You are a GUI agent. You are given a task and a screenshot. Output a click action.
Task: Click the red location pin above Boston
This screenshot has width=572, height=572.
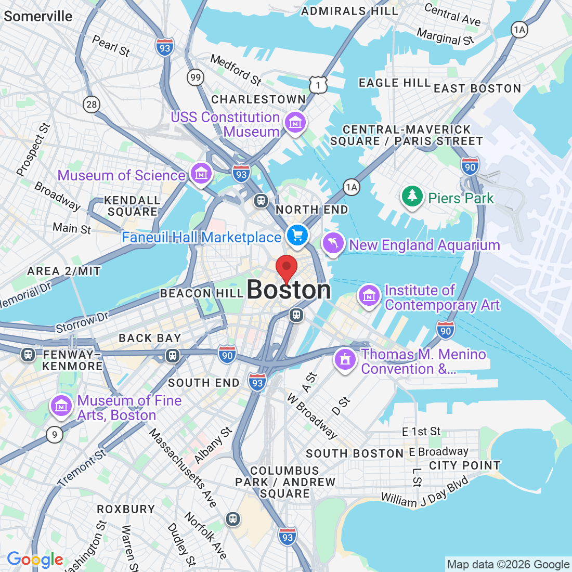click(286, 267)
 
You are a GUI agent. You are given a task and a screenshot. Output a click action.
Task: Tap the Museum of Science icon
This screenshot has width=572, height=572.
click(201, 174)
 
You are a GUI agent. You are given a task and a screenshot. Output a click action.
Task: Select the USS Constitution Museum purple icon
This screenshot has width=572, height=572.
click(295, 123)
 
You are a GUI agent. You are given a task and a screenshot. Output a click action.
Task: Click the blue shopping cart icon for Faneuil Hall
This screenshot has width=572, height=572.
click(297, 236)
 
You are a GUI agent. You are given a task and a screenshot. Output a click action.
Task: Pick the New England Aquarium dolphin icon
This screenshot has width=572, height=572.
click(333, 243)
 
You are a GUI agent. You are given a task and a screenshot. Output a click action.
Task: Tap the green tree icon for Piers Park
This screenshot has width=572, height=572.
click(412, 196)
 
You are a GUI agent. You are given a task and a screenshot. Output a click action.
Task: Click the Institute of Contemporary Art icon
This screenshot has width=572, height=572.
click(369, 296)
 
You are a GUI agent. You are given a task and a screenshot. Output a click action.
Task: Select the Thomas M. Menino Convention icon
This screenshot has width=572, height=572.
click(344, 359)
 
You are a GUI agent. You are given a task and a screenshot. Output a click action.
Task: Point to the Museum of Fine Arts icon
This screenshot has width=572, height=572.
click(61, 406)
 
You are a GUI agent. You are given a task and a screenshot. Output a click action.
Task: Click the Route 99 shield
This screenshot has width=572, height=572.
click(195, 78)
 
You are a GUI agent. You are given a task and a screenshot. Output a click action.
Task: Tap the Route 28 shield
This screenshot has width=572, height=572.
click(92, 105)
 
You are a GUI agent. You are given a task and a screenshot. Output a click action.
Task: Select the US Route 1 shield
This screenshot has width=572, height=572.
click(318, 84)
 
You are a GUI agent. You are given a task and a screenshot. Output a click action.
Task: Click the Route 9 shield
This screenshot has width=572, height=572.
click(54, 434)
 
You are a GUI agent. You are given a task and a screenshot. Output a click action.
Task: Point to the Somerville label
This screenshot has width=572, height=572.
click(38, 16)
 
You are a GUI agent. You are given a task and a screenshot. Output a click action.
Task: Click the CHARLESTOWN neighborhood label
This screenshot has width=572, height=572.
click(258, 99)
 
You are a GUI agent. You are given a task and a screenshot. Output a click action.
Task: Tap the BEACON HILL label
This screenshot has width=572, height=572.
click(202, 293)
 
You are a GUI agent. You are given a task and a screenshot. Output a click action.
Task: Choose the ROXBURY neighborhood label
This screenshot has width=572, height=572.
click(126, 509)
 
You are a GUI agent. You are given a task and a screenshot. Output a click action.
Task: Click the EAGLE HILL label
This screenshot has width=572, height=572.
click(395, 83)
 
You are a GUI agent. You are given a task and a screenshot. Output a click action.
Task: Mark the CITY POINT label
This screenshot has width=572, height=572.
click(464, 465)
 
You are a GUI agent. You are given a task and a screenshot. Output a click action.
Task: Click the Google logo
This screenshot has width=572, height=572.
click(35, 560)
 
